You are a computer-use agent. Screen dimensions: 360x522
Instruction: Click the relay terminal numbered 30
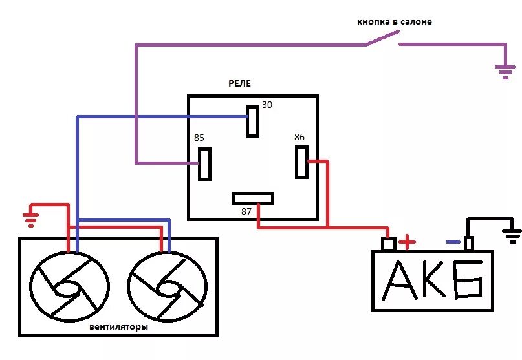(252, 121)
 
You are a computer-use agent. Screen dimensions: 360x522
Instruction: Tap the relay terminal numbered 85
(205, 164)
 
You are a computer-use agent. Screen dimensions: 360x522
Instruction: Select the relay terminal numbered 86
(301, 162)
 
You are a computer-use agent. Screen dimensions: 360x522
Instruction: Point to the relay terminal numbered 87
(253, 198)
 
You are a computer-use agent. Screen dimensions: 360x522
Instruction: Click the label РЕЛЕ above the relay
(239, 84)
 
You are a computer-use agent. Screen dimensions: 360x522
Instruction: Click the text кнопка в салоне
(394, 22)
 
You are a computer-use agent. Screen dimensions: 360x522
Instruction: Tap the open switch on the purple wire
(381, 41)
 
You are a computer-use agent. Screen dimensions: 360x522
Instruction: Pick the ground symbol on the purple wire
(505, 71)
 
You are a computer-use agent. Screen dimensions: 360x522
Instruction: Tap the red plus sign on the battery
(407, 243)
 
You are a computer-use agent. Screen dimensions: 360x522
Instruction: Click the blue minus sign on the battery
(453, 243)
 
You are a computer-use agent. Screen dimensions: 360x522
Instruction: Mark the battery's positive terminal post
(388, 244)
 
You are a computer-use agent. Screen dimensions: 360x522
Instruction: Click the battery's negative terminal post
(469, 244)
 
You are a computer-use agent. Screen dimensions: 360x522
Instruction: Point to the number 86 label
(299, 137)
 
